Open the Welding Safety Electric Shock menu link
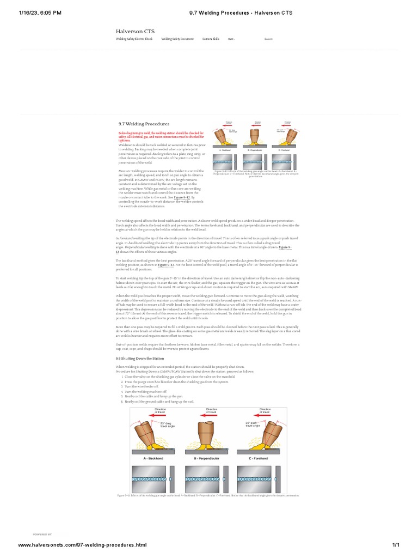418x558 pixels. pos(134,39)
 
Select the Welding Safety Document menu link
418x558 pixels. pos(177,39)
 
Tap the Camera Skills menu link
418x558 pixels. pos(211,39)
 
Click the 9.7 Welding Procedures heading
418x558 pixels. pos(144,124)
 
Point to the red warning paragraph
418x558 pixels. pos(161,136)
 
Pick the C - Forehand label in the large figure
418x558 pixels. pos(266,459)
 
